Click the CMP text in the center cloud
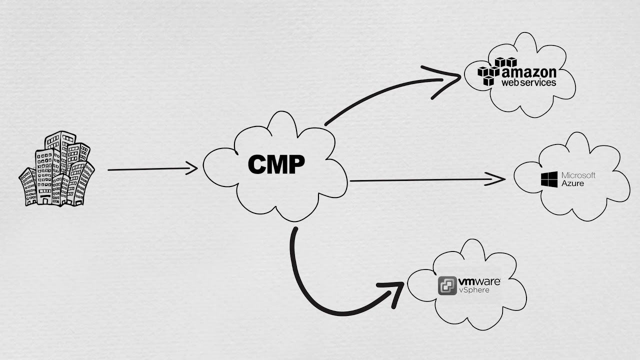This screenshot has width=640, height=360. (x=276, y=164)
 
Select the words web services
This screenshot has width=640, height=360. (x=529, y=82)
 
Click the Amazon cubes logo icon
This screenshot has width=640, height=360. (x=496, y=70)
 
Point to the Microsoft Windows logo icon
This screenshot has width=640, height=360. (x=549, y=179)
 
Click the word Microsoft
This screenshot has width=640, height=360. (x=578, y=175)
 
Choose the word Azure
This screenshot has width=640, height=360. (x=572, y=183)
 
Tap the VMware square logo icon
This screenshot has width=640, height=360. (x=447, y=285)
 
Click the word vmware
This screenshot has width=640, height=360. (x=479, y=281)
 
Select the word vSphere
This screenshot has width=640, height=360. (x=474, y=290)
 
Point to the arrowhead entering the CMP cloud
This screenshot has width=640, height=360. (x=192, y=168)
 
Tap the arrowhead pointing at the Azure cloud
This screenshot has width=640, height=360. (x=497, y=179)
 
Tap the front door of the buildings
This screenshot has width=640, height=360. (x=45, y=200)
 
